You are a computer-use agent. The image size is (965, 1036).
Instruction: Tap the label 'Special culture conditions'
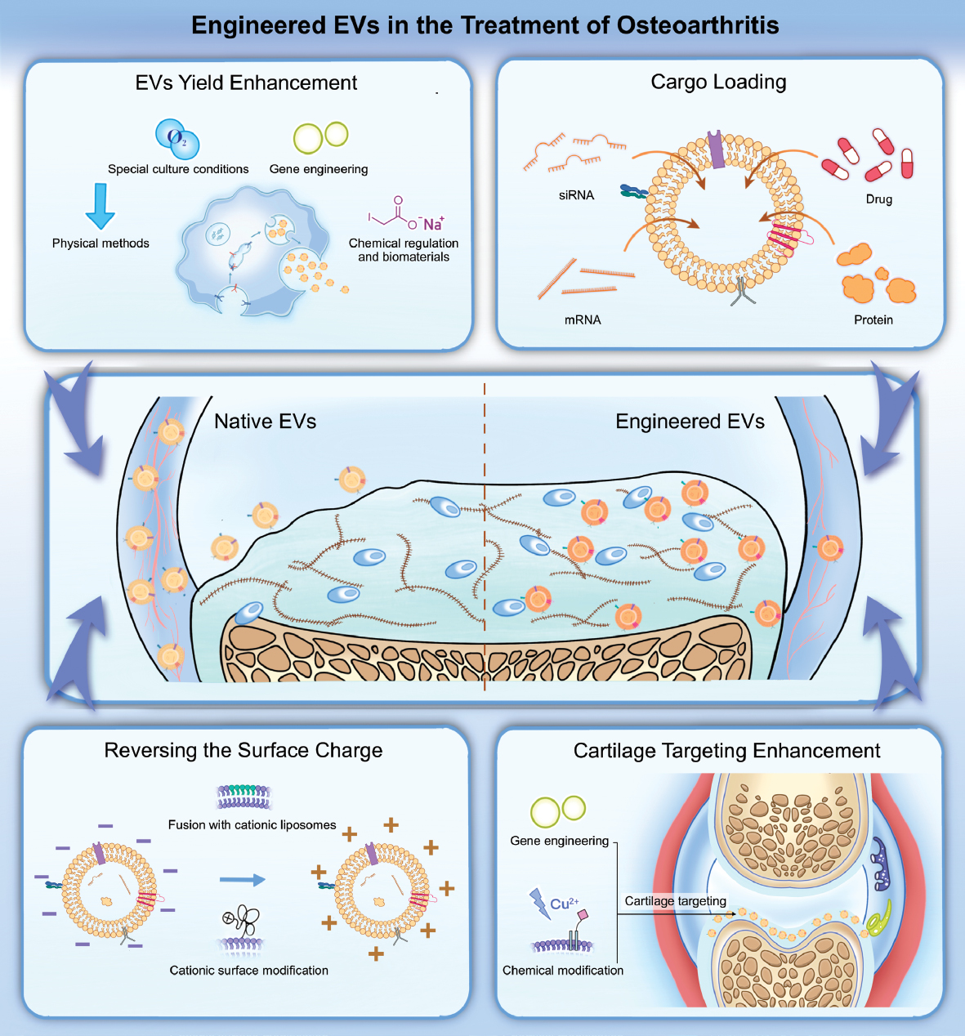coord(178,169)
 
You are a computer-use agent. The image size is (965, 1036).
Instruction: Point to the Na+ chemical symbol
coord(433,224)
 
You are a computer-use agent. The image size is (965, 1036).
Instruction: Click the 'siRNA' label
coord(576,195)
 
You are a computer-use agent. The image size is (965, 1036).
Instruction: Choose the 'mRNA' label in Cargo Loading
coord(583,319)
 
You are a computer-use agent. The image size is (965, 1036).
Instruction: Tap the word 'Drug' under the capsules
coord(879,199)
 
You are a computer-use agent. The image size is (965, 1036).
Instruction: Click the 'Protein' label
coord(873,319)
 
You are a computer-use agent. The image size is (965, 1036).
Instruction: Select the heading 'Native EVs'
coord(265,421)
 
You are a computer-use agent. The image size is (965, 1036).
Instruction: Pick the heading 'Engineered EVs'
coord(690,421)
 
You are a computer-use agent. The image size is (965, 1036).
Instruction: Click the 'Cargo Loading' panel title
coord(718,82)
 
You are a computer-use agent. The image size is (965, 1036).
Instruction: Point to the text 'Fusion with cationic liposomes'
coord(252,824)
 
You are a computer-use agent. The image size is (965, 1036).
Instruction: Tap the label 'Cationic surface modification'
coord(248,970)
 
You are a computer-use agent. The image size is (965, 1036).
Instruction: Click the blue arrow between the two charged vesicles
coord(243,880)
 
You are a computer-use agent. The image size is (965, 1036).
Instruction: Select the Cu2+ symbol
coord(564,904)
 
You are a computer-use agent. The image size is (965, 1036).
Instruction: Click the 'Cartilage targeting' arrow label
coord(675,900)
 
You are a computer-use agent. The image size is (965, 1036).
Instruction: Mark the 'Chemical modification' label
coord(562,970)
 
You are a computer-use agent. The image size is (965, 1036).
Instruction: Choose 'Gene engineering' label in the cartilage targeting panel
coord(559,840)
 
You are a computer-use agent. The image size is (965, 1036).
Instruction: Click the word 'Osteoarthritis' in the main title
coord(697,25)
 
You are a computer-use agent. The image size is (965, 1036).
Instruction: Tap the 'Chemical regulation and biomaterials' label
coord(404,249)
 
